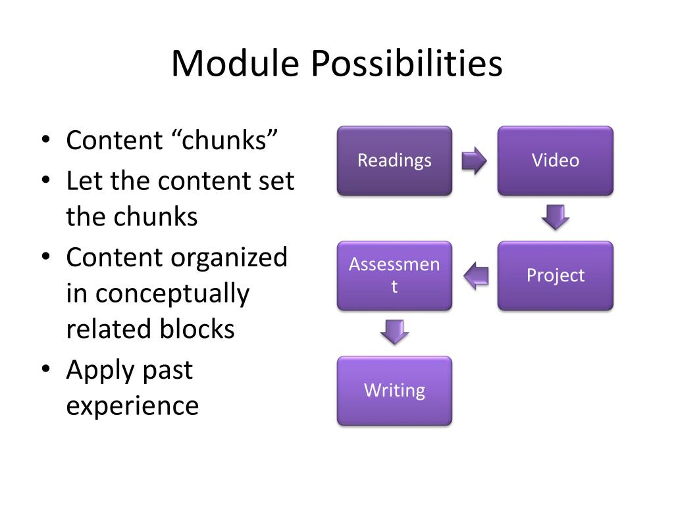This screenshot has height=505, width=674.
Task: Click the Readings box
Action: coord(394,160)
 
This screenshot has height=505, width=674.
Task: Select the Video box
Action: coord(555,160)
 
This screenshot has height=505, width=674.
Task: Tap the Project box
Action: coord(555,276)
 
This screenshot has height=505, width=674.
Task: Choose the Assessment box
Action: coord(394,276)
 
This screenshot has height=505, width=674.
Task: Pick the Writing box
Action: coord(394,391)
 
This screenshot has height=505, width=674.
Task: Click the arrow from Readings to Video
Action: coord(474,160)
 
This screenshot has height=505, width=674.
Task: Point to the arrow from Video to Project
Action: coord(556,218)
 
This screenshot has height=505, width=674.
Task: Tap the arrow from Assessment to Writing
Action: coord(395,332)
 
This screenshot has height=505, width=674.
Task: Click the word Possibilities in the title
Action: coord(407,64)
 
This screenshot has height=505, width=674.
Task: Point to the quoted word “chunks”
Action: coord(226,141)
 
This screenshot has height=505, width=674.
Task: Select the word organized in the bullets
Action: coord(229,257)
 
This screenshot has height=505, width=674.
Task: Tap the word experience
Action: coord(132,406)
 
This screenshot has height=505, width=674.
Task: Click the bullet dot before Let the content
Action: coord(45,181)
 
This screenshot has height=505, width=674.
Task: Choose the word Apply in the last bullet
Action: coord(99,370)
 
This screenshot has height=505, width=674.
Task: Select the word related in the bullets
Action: coord(108,329)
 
